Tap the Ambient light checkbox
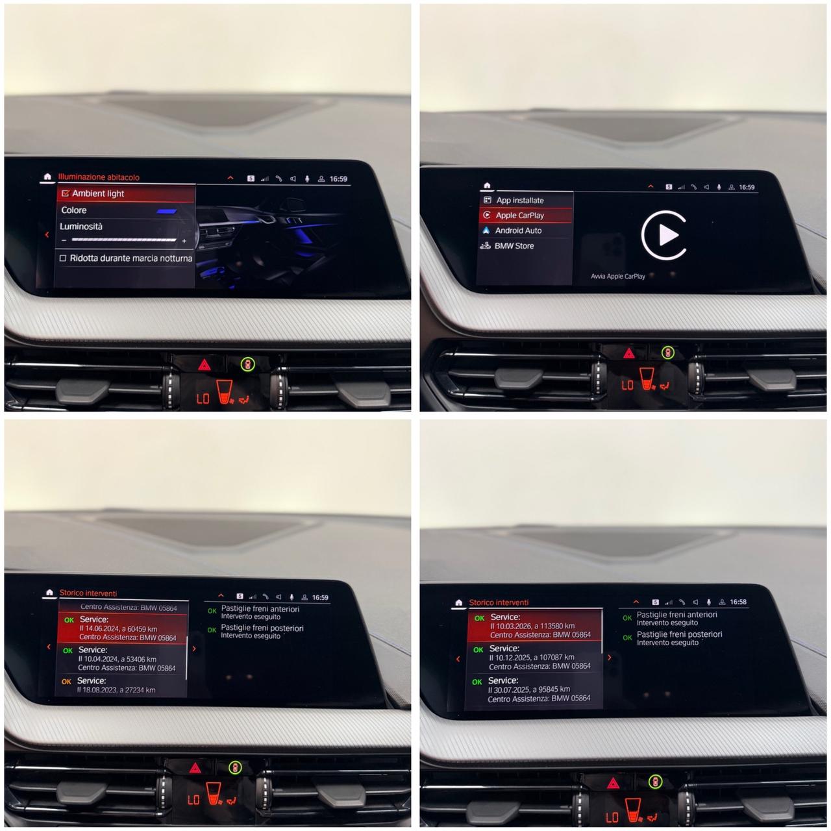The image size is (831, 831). tap(66, 193)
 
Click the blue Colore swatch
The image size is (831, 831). tap(167, 211)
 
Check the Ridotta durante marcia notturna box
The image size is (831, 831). tap(63, 258)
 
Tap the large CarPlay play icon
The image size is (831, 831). tap(664, 235)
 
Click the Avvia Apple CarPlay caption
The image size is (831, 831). tap(617, 277)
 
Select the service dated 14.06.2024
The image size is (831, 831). tap(123, 628)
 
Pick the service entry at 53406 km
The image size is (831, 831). tap(122, 659)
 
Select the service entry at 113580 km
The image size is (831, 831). tap(534, 626)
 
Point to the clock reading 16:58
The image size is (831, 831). tap(738, 602)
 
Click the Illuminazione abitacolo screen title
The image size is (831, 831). tap(99, 177)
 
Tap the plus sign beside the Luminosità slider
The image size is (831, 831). tap(184, 241)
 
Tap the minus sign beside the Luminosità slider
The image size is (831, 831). tap(64, 240)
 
